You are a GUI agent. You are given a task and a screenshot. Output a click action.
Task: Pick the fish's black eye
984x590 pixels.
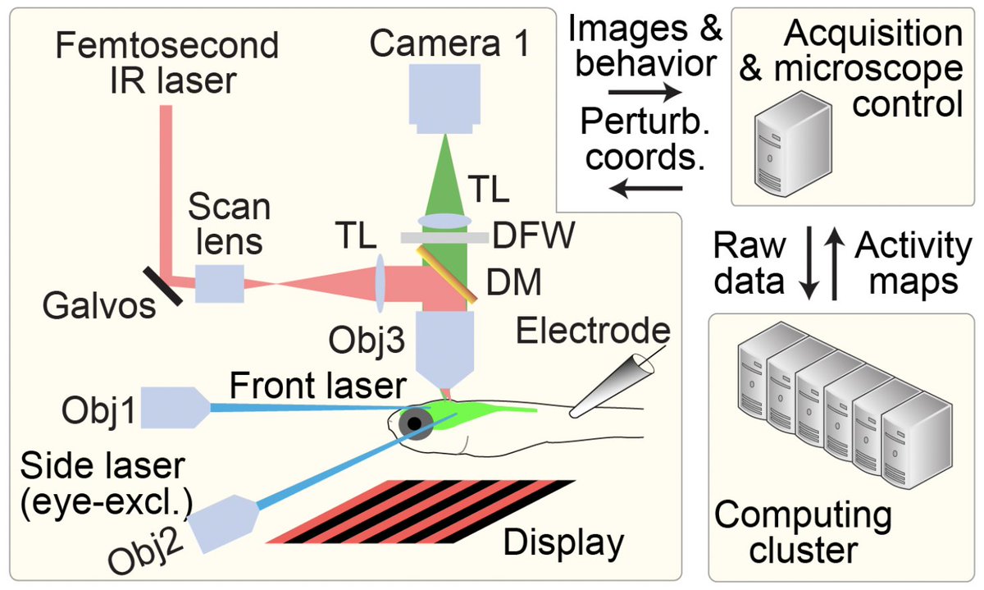point(417,423)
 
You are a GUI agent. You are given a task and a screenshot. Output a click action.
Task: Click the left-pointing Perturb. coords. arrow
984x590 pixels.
point(646,191)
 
